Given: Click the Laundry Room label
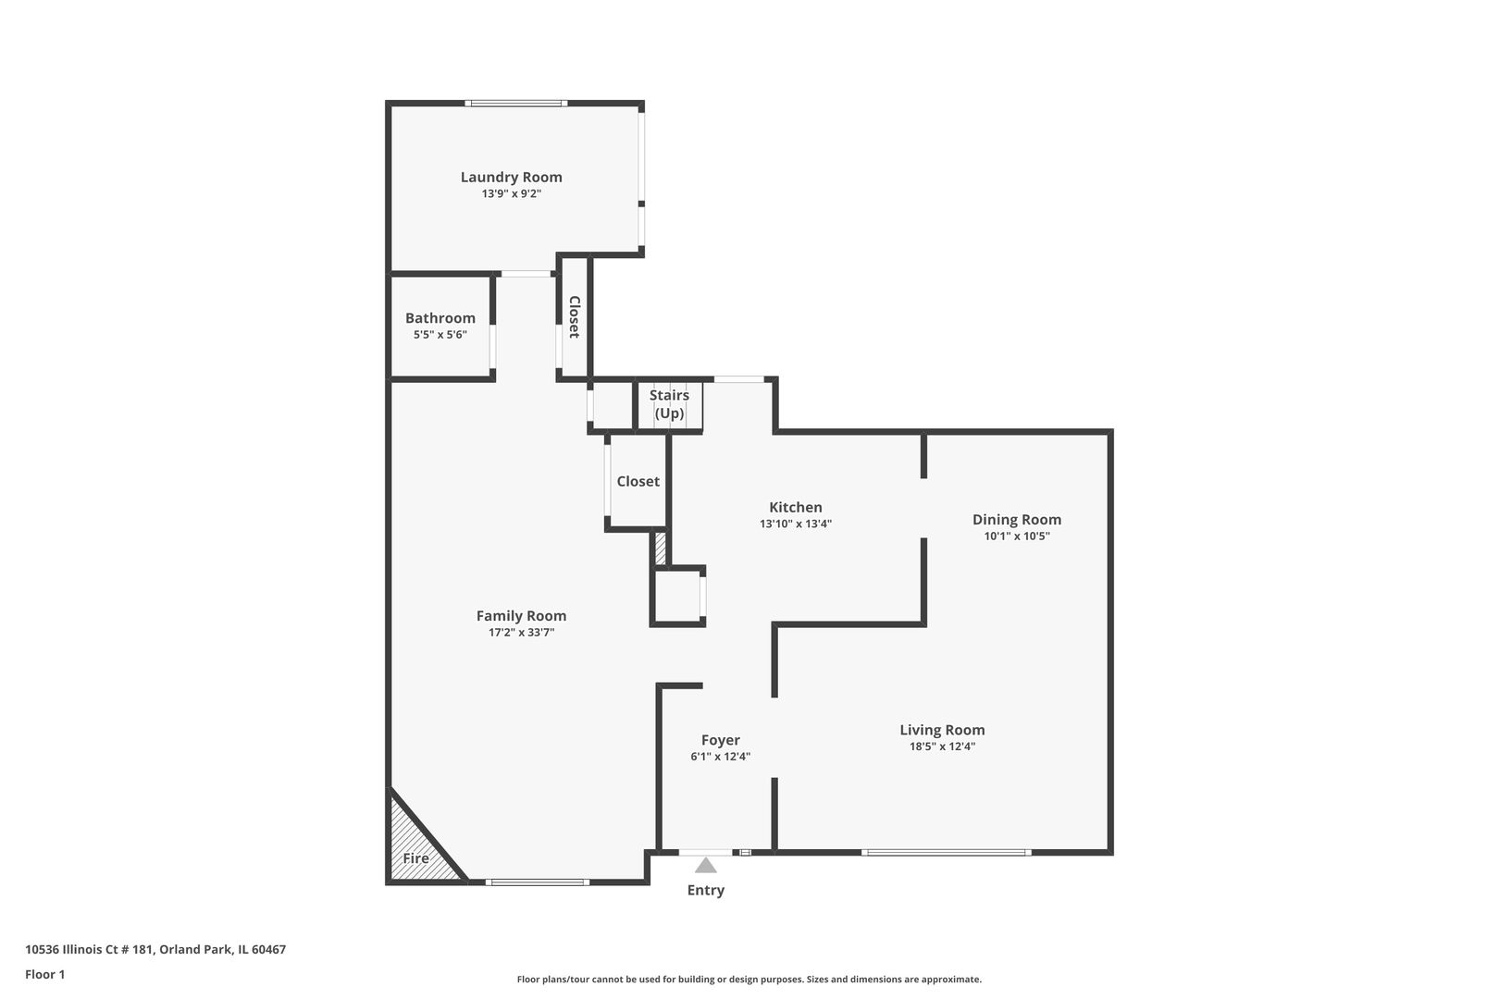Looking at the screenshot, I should coord(511,177).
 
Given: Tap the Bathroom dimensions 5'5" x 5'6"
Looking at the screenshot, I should coord(440,335).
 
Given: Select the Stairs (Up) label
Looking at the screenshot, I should coord(669,404).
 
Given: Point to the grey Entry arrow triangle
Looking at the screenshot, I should coord(706,866).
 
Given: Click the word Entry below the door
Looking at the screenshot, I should coord(705,890).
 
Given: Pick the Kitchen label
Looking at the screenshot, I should coord(795,507).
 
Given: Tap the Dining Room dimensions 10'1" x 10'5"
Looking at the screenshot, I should coord(1016,536).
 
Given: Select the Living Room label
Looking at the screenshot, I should coord(942,730).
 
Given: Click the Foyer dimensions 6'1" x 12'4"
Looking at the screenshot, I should coord(720,756).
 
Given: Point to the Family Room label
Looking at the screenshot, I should coord(521,615).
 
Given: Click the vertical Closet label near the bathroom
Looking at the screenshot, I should coord(574,317).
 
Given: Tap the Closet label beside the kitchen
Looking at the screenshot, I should coord(638,481).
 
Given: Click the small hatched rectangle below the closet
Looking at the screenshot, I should coord(660,548).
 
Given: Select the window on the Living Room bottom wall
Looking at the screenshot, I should coord(946,852).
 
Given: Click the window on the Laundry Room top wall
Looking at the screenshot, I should coord(515,104).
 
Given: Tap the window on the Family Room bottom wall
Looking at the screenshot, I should coord(538,882).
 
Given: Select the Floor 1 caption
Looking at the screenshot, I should coord(44,974).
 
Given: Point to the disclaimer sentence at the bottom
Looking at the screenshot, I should coord(749,979).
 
